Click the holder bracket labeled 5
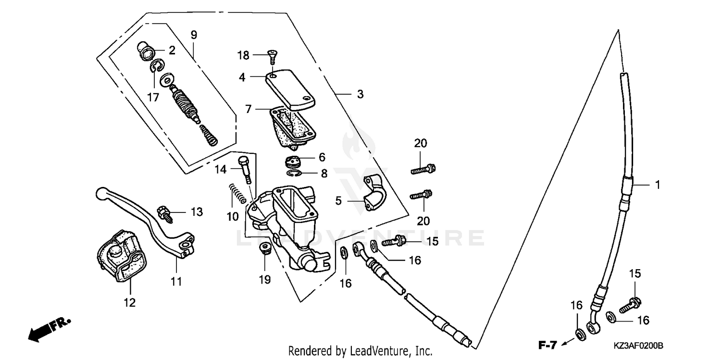click(374, 193)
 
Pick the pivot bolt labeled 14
click(246, 168)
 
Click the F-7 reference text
click(547, 345)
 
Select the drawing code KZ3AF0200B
click(638, 346)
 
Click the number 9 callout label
click(194, 35)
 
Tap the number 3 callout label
click(360, 95)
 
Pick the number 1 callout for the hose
click(657, 184)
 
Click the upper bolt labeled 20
click(423, 169)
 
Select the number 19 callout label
click(265, 279)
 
